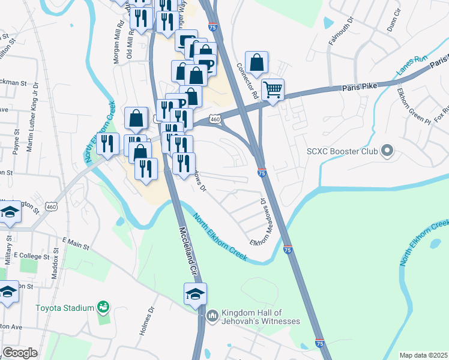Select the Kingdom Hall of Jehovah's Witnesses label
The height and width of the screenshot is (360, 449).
(261, 317)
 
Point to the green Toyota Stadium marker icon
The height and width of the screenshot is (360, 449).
(104, 307)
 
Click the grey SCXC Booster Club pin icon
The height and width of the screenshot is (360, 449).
(388, 151)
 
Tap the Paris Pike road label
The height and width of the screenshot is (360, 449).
(359, 88)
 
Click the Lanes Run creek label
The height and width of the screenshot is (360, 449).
(412, 65)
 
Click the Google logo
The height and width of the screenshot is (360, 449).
(20, 353)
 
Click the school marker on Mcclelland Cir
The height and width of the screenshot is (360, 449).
(195, 294)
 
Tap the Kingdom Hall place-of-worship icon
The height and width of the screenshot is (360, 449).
(212, 315)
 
